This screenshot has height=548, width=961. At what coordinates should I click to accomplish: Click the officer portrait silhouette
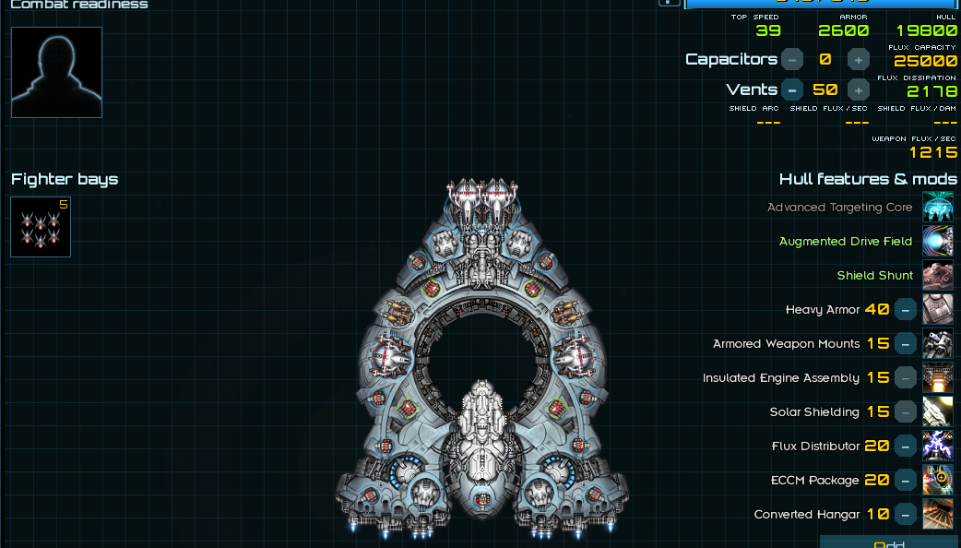(56, 72)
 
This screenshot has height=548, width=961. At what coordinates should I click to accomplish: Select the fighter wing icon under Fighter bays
(41, 227)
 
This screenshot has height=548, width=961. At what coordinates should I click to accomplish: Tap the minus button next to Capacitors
(792, 59)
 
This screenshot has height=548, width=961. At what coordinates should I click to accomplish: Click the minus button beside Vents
(792, 89)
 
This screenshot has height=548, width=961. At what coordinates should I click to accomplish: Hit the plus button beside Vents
(858, 89)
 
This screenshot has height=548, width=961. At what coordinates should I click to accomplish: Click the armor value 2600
(843, 30)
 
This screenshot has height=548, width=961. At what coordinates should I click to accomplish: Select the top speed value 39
(767, 30)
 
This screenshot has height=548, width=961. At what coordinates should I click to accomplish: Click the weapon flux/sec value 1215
(932, 152)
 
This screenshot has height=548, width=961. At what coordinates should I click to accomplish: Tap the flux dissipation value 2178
(931, 91)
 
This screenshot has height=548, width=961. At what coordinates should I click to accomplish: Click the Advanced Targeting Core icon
(938, 208)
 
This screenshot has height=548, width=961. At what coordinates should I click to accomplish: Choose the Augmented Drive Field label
(845, 242)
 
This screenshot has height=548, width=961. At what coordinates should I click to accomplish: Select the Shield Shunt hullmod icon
(938, 276)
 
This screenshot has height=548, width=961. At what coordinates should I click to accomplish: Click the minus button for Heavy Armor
(906, 310)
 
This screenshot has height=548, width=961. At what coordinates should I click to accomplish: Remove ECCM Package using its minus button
(906, 481)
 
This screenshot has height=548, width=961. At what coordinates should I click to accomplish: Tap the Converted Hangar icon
(938, 515)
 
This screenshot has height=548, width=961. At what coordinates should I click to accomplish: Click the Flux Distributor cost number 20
(877, 447)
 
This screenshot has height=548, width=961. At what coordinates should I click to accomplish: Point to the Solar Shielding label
(813, 412)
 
